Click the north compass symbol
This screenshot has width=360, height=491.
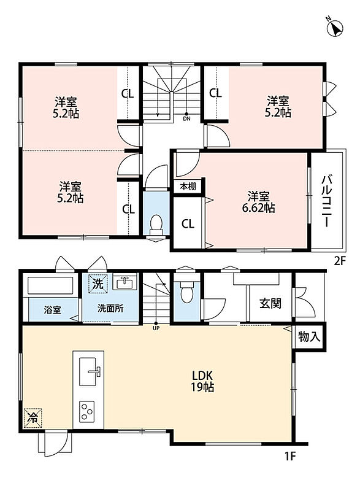(335, 28)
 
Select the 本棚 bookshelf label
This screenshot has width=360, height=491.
(188, 187)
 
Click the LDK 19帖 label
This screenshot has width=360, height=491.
(202, 381)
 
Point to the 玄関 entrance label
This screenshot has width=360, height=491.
(270, 303)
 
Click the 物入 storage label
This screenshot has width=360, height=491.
(309, 336)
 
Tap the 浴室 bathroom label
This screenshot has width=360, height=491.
(52, 310)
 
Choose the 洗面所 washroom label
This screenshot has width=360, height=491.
(110, 309)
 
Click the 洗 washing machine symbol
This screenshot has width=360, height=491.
(98, 284)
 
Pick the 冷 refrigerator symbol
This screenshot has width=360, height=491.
(33, 417)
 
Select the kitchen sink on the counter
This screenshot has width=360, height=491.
(89, 371)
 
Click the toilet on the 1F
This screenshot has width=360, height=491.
(187, 293)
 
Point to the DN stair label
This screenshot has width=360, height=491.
(186, 119)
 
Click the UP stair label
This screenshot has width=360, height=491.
(156, 328)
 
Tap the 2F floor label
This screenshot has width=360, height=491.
(340, 261)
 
